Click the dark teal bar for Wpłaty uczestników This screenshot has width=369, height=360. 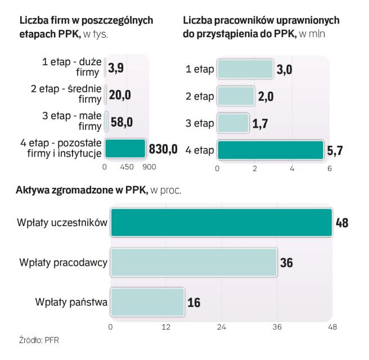point(220,222)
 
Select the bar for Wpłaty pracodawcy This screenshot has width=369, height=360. point(193,263)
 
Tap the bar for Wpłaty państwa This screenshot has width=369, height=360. point(147,303)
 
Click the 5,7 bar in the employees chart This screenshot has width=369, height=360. point(271,150)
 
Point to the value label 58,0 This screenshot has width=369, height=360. point(121,122)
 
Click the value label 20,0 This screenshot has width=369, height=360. point(121,96)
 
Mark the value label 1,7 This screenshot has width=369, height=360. point(260,123)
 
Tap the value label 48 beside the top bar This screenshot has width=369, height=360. point(341,223)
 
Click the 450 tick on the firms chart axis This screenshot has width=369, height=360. point(127,168)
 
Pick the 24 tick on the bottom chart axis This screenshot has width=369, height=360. point(222,327)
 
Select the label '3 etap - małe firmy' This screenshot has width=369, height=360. point(71,121)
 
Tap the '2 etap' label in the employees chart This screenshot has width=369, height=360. point(200,96)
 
